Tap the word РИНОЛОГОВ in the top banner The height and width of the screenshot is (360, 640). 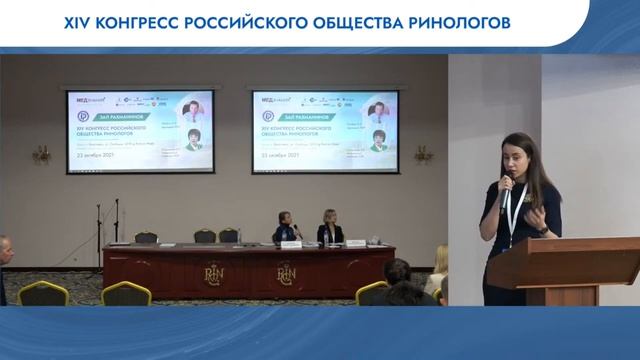[x=447, y=21]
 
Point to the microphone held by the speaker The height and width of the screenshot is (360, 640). [x=506, y=184]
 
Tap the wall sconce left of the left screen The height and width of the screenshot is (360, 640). [x=41, y=153]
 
